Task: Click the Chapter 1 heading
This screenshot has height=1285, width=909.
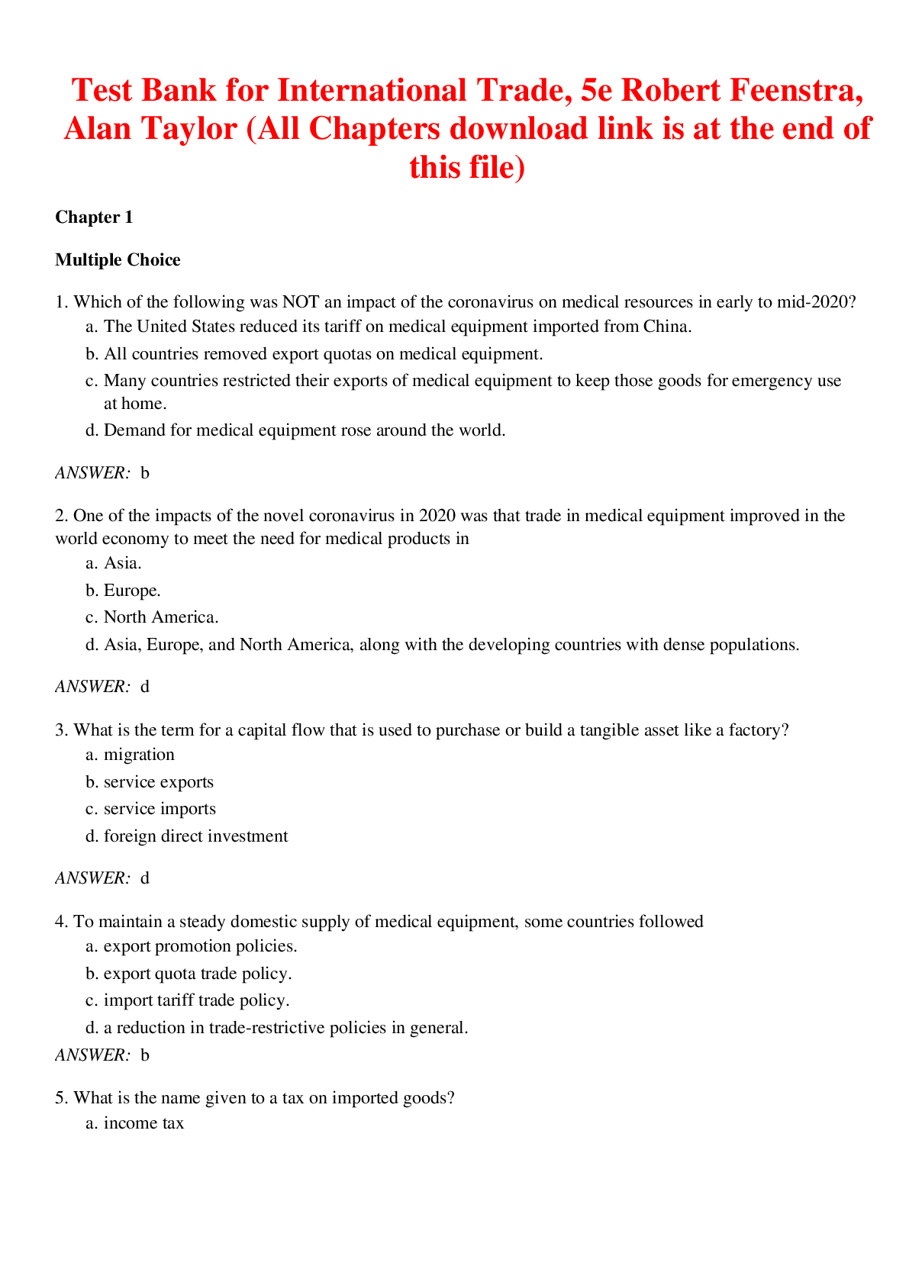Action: (94, 217)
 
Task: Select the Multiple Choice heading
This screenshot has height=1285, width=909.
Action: (118, 260)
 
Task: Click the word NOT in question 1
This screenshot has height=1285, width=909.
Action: (301, 302)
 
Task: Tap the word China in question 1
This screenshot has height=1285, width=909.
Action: (666, 327)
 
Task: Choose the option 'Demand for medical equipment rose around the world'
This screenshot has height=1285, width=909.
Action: (304, 430)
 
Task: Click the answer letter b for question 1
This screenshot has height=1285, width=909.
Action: (145, 473)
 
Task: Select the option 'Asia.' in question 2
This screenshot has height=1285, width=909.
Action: (122, 564)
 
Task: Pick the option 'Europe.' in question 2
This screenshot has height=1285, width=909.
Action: (131, 591)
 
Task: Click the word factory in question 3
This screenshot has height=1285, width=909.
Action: (754, 730)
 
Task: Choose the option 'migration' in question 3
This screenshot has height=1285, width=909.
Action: (139, 755)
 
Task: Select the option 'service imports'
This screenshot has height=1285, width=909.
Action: (160, 809)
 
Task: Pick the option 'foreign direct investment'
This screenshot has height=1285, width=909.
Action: (195, 836)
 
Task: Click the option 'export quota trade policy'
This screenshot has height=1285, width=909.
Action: (197, 974)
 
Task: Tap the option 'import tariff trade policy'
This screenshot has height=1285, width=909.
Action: (196, 1000)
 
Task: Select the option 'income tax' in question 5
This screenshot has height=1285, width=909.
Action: (143, 1123)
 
